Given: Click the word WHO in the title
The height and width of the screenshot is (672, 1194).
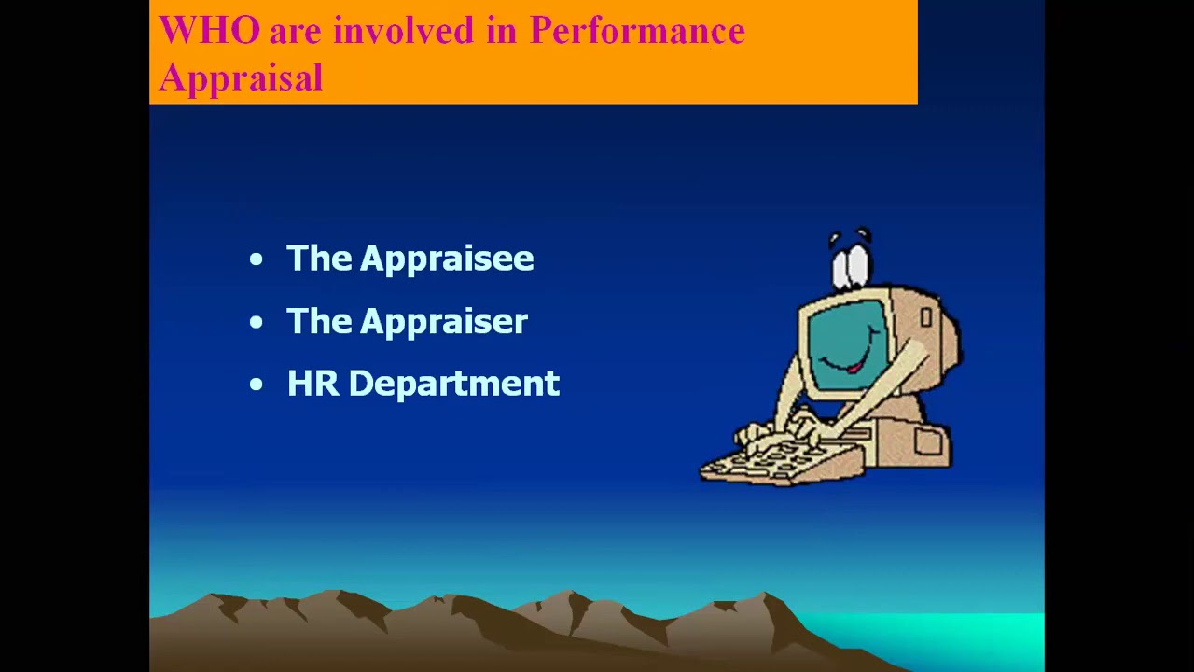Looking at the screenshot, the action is coord(210,30).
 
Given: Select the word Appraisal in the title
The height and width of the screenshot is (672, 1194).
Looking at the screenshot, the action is coord(241,77).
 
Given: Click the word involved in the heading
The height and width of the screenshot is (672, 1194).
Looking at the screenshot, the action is coord(404,30).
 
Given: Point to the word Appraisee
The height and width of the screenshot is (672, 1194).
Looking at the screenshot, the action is coord(447,259).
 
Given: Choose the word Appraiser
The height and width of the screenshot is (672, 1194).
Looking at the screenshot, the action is coord(443,322).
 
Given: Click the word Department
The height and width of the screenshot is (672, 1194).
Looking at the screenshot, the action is coord(454,384).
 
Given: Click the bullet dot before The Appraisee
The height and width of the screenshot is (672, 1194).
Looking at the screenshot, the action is coord(257,259).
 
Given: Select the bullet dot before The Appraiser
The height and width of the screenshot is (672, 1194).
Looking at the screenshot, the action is coord(257,322).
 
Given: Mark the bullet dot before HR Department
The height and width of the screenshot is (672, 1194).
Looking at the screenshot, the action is coord(257,385).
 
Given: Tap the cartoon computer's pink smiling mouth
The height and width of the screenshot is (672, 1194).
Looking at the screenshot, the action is coord(854,368).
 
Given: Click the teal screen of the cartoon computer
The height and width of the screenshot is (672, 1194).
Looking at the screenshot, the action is coord(848,345).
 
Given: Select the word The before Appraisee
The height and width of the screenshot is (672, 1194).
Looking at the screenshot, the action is coord(319,259).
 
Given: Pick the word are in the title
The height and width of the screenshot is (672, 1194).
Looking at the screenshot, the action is coord(296,33).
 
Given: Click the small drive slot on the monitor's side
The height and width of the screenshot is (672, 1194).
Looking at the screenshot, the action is coord(926,318).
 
